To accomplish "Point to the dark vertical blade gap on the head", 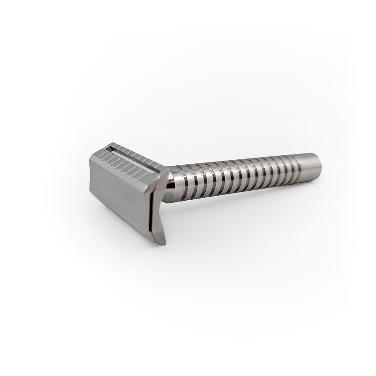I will point(151,211).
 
